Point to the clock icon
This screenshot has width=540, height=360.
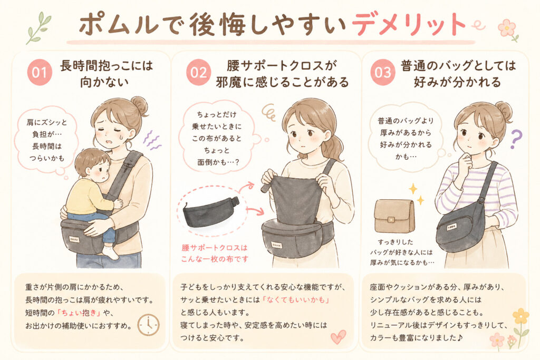click(148, 325)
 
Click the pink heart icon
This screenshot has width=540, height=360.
click(337, 336)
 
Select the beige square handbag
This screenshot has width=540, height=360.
click(394, 216)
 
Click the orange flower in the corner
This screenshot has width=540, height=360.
click(520, 316)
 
